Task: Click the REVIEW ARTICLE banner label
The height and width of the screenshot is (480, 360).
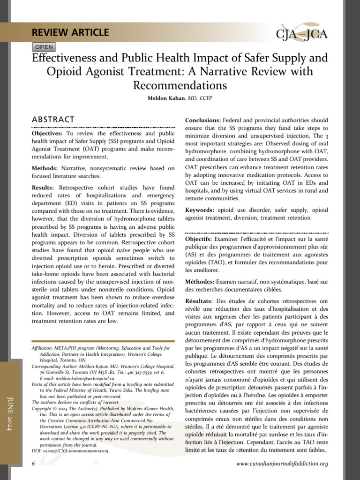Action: [x=70, y=33]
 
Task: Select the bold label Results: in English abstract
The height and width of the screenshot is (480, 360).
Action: [x=43, y=187]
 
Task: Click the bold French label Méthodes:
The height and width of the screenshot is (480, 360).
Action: [x=200, y=281]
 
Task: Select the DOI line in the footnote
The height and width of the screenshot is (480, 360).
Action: [x=70, y=450]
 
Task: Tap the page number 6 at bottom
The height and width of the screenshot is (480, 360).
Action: [x=33, y=464]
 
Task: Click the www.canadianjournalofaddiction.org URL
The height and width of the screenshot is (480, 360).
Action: [x=282, y=464]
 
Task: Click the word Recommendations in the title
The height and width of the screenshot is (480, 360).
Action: [x=180, y=86]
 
